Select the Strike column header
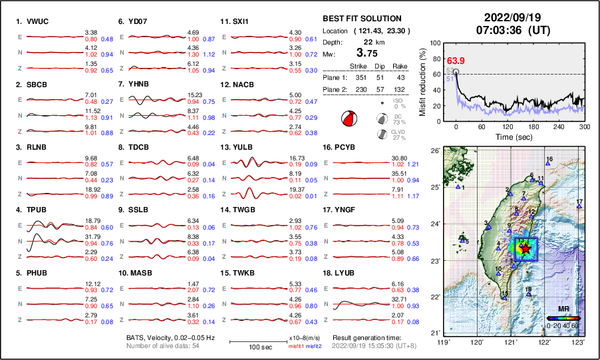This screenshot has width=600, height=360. tap(359, 66)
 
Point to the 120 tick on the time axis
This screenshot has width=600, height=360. tap(508, 126)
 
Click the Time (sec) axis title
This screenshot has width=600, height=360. tap(508, 136)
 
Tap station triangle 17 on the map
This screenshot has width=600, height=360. tap(579, 207)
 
